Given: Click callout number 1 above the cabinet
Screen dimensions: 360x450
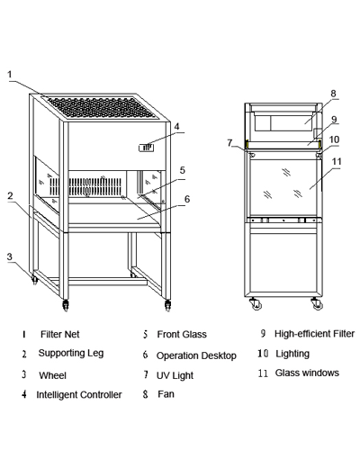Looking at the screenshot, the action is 10,74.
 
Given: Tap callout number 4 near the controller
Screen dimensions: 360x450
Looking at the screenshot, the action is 176,126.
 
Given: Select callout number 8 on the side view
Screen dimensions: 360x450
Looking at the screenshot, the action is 333,94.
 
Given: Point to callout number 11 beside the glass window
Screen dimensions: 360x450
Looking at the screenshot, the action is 337,161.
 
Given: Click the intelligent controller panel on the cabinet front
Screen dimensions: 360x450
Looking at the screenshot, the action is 146,148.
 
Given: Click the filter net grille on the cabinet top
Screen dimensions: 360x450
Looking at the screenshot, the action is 102,108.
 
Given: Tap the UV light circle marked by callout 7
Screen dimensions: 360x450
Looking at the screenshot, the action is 252,155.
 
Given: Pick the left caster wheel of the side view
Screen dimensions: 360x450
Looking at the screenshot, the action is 256,303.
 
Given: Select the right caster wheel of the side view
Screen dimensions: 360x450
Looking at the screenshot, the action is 317,303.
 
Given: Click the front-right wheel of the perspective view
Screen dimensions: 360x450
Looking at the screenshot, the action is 167,305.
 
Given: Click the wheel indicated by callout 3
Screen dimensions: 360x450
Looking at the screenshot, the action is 35,280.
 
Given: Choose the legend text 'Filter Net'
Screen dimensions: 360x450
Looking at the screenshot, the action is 60,334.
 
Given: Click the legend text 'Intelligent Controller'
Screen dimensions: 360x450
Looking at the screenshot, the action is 79,394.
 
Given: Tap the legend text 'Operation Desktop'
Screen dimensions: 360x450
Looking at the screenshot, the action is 196,355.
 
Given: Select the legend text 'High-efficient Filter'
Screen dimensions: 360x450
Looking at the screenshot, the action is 314,334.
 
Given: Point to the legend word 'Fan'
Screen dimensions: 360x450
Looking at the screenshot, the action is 166,394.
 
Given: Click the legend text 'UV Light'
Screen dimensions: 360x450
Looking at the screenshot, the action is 175,375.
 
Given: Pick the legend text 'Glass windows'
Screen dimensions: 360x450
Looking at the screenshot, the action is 307,373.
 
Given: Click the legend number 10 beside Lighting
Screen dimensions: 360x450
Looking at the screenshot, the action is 263,354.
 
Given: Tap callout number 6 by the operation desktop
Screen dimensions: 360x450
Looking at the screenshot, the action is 187,199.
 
